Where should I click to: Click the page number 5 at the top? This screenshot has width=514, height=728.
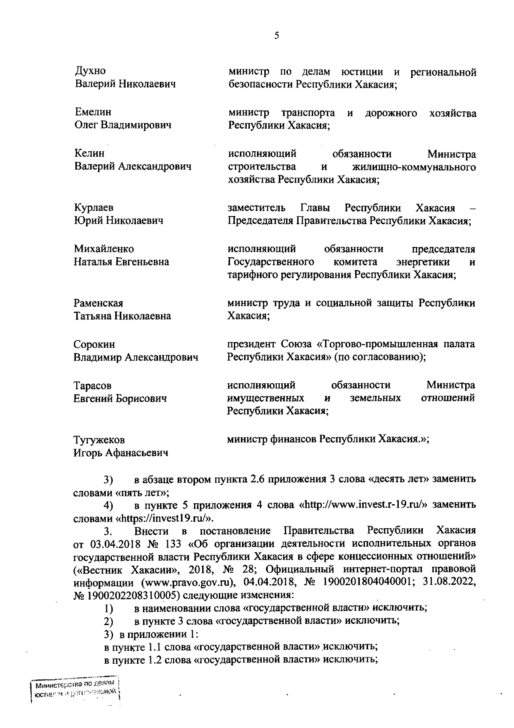click(x=277, y=36)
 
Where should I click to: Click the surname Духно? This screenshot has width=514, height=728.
click(x=90, y=71)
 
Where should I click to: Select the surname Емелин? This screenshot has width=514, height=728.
click(x=93, y=112)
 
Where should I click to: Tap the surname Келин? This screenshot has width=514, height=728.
click(x=90, y=153)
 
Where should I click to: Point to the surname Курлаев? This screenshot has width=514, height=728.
click(x=94, y=208)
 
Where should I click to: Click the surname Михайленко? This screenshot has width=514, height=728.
click(x=104, y=249)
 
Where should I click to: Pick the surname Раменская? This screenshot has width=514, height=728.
click(x=99, y=304)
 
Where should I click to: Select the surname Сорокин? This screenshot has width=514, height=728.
click(x=94, y=345)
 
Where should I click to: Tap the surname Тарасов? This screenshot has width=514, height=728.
click(x=93, y=386)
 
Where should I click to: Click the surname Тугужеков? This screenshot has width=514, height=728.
click(x=99, y=440)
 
